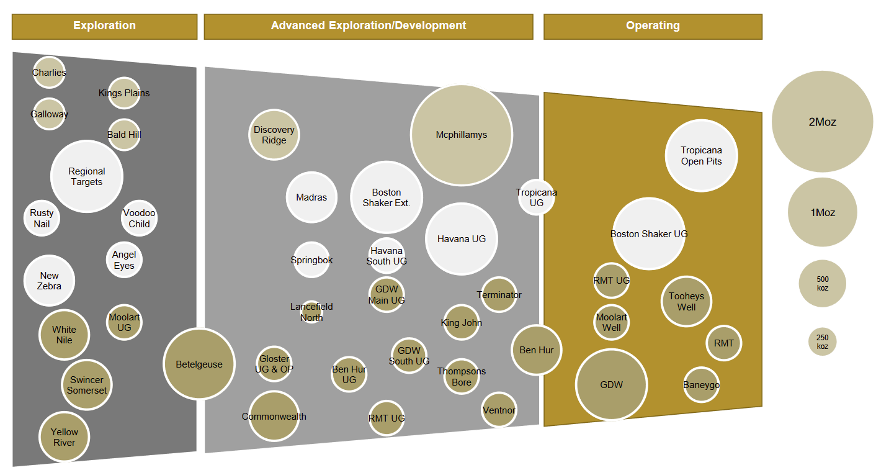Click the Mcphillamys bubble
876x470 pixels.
pyautogui.click(x=461, y=135)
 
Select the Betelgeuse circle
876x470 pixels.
pyautogui.click(x=199, y=364)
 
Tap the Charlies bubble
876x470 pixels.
pyautogui.click(x=49, y=73)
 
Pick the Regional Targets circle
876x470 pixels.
pyautogui.click(x=87, y=176)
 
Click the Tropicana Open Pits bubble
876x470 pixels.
pyautogui.click(x=701, y=155)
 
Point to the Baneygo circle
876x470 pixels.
pyautogui.click(x=701, y=385)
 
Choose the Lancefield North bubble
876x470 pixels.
pyautogui.click(x=311, y=312)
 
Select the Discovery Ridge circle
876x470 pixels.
pyautogui.click(x=274, y=135)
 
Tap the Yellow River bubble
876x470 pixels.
pyautogui.click(x=65, y=437)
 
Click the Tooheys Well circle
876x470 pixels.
pyautogui.click(x=686, y=302)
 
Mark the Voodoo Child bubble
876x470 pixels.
pyautogui.click(x=139, y=218)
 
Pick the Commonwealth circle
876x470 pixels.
pyautogui.click(x=274, y=416)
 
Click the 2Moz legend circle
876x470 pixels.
pyautogui.click(x=822, y=122)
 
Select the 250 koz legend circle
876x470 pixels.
pyautogui.click(x=822, y=341)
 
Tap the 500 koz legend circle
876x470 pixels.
pyautogui.click(x=822, y=284)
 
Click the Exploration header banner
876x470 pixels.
pyautogui.click(x=104, y=26)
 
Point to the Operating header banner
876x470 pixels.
pyautogui.click(x=653, y=26)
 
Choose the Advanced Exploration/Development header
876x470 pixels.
pyautogui.click(x=369, y=26)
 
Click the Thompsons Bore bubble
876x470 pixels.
pyautogui.click(x=462, y=376)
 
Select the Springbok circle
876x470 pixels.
pyautogui.click(x=311, y=260)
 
